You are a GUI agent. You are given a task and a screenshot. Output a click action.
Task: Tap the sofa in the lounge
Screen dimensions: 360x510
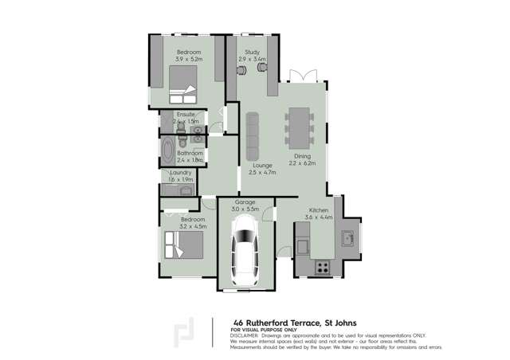pyautogui.click(x=253, y=135)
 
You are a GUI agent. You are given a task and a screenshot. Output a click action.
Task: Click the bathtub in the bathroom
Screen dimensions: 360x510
pyautogui.click(x=168, y=151)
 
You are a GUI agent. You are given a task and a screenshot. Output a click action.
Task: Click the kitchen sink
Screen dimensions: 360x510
pyautogui.click(x=349, y=237)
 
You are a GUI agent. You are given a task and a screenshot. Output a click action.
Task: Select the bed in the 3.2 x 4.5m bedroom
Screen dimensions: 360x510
pyautogui.click(x=180, y=243)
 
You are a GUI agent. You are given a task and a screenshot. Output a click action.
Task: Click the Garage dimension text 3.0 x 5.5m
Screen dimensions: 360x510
pyautogui.click(x=245, y=209)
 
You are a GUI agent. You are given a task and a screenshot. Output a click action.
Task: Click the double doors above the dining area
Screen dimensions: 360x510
pyautogui.click(x=300, y=76)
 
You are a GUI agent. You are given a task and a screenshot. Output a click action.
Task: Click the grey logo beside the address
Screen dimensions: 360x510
pyautogui.click(x=185, y=333)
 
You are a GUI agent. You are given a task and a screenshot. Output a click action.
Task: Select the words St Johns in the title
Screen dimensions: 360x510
pyautogui.click(x=344, y=322)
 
